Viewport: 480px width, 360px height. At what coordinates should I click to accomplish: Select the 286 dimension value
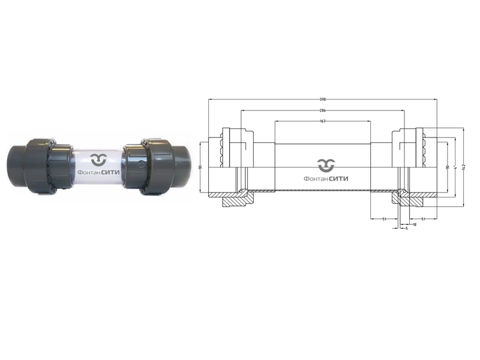(323, 110)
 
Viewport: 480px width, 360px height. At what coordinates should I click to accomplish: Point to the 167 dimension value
(323, 121)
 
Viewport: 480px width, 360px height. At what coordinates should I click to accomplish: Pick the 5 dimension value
(406, 229)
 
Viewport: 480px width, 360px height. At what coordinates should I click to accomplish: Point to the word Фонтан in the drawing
(316, 178)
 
